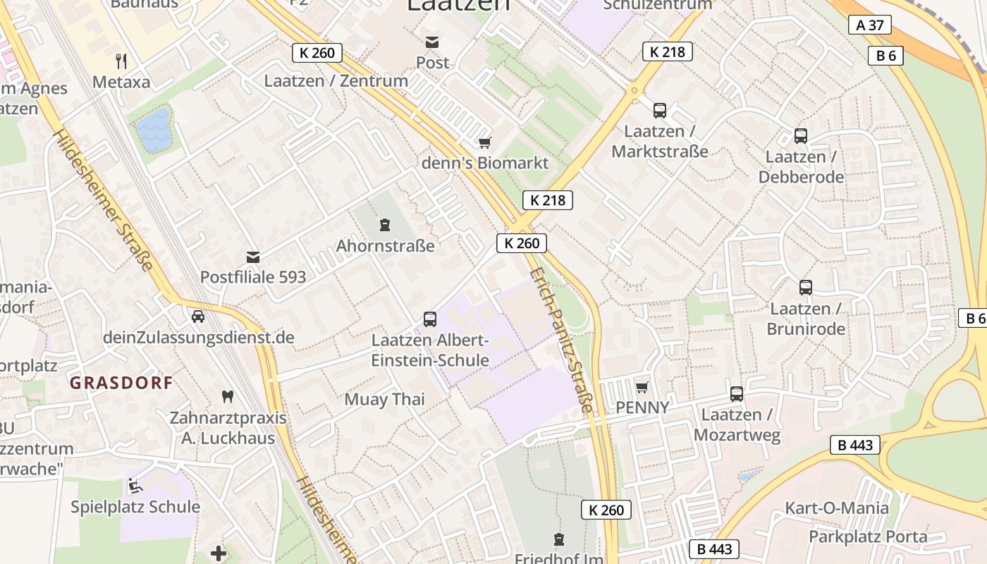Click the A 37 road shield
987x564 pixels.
[870, 25]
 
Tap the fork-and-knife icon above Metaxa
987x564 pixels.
[121, 61]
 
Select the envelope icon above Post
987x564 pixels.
[431, 42]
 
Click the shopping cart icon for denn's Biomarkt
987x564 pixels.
[484, 143]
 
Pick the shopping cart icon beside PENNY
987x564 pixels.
[642, 387]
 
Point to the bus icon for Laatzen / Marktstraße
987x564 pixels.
[660, 111]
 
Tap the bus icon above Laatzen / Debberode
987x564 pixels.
[800, 136]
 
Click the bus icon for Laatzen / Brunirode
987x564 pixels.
[806, 288]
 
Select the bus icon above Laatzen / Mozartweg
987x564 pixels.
[737, 394]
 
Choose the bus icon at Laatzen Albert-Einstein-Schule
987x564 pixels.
[430, 319]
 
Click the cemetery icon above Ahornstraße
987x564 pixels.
[385, 226]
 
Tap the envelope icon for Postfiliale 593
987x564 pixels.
[253, 257]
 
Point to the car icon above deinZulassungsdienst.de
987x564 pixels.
[198, 317]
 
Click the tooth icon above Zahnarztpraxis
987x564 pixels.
[227, 397]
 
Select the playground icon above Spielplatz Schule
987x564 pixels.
[135, 486]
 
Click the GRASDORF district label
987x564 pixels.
[121, 383]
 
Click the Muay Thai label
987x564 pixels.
[384, 400]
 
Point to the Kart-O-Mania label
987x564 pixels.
[837, 508]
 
